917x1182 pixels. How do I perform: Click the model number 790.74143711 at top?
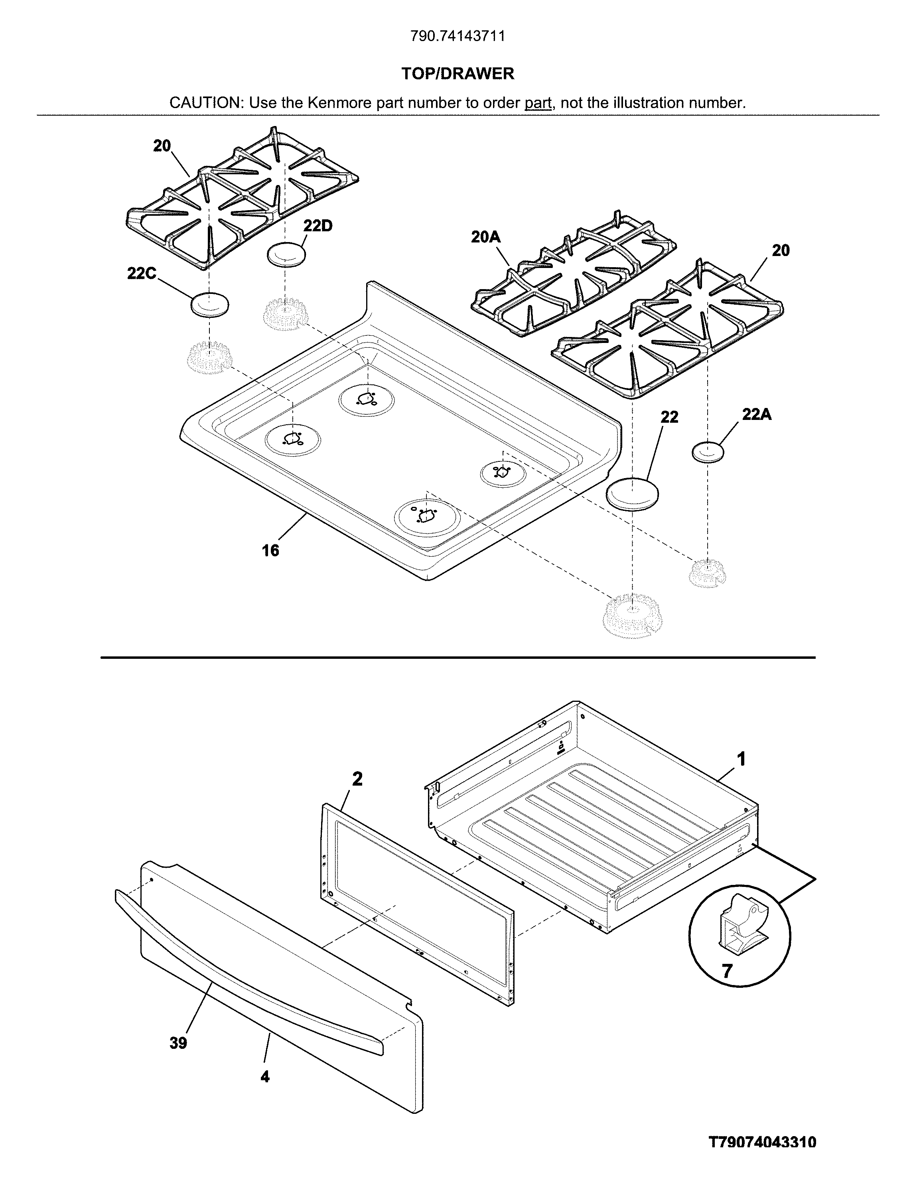[458, 36]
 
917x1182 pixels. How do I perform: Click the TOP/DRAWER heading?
[458, 74]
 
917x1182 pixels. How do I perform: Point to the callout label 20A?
[485, 237]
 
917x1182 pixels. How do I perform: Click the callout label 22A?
[757, 415]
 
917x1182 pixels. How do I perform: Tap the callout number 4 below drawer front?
[265, 1077]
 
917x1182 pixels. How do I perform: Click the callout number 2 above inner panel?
[357, 779]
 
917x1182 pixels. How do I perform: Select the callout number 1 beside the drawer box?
[741, 759]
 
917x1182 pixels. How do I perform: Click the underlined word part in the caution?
[538, 103]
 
